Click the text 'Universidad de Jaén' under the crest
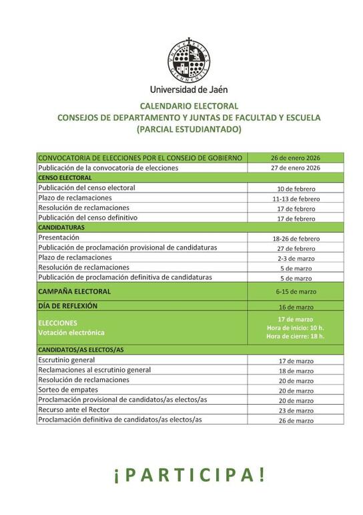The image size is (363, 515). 189,89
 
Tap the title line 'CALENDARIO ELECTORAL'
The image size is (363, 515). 189,106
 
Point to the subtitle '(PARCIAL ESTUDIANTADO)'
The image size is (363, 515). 189,129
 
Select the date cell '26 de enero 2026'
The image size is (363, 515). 296,158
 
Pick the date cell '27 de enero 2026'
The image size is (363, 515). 296,168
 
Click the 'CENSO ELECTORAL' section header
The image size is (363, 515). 65,178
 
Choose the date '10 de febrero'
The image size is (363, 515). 296,189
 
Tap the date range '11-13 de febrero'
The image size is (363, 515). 296,199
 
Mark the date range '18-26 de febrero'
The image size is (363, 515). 296,238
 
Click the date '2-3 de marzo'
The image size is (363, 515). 296,258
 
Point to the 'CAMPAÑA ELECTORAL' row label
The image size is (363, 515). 75,292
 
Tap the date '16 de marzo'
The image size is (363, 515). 296,306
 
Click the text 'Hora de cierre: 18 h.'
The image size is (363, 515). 296,336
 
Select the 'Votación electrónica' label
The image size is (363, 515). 71,332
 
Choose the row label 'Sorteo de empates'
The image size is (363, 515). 68,390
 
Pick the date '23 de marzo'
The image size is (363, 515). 296,411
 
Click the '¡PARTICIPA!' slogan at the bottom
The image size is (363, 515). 189,474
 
